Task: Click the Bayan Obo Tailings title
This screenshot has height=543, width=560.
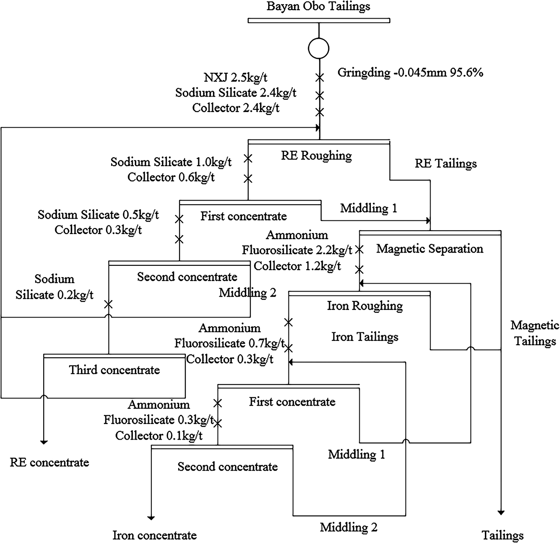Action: pos(318,6)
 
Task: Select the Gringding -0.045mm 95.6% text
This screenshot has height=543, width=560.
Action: pos(410,72)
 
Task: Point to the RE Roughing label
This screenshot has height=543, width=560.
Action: pos(316,156)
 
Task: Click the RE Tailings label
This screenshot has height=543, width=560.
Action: pos(445,164)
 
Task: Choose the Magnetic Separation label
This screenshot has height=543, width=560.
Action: pos(429,248)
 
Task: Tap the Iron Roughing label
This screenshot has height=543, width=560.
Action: pos(365,306)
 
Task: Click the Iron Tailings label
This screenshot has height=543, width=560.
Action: pos(365,337)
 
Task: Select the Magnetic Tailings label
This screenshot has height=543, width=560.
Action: pos(535,333)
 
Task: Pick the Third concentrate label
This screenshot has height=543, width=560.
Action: pos(115,370)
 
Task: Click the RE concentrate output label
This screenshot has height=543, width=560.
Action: pos(50,462)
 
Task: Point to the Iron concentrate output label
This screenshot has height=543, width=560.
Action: pos(154,535)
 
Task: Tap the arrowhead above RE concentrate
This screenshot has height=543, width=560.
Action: pos(44,442)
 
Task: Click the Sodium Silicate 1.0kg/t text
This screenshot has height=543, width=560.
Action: pos(171,162)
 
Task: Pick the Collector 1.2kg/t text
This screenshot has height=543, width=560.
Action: pos(297,266)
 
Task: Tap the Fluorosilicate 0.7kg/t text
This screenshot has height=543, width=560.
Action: pos(229,343)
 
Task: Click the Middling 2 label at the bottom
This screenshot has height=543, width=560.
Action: pos(348,528)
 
